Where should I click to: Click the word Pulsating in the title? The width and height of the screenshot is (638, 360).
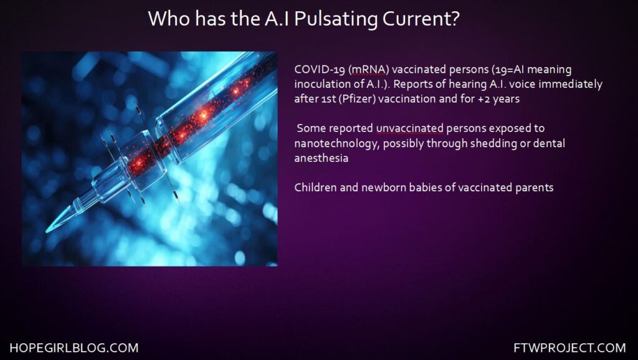334,19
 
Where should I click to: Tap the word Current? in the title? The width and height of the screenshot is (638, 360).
420,19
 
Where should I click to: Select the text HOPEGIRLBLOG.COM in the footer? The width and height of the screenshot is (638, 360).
74,348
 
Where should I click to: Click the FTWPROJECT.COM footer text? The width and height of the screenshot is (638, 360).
569,348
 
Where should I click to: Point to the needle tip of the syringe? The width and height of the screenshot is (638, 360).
46,232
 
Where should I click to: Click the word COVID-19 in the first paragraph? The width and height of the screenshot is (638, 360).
320,70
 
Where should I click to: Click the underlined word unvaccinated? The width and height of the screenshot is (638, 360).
410,128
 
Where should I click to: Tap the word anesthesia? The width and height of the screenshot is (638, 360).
321,158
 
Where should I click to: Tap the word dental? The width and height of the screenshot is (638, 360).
549,143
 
